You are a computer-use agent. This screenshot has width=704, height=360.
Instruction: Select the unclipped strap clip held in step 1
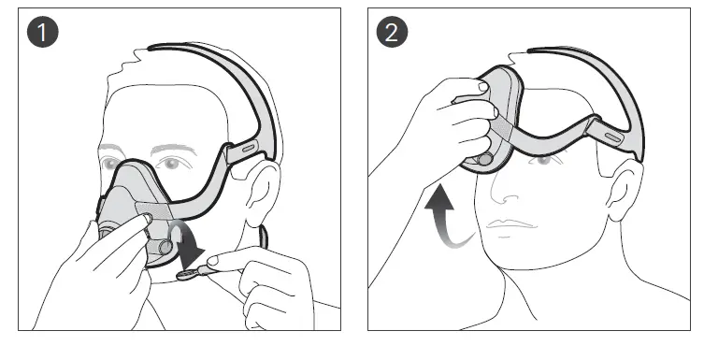coord(187,273)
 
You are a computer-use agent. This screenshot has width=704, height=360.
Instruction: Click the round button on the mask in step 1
coord(166,249)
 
